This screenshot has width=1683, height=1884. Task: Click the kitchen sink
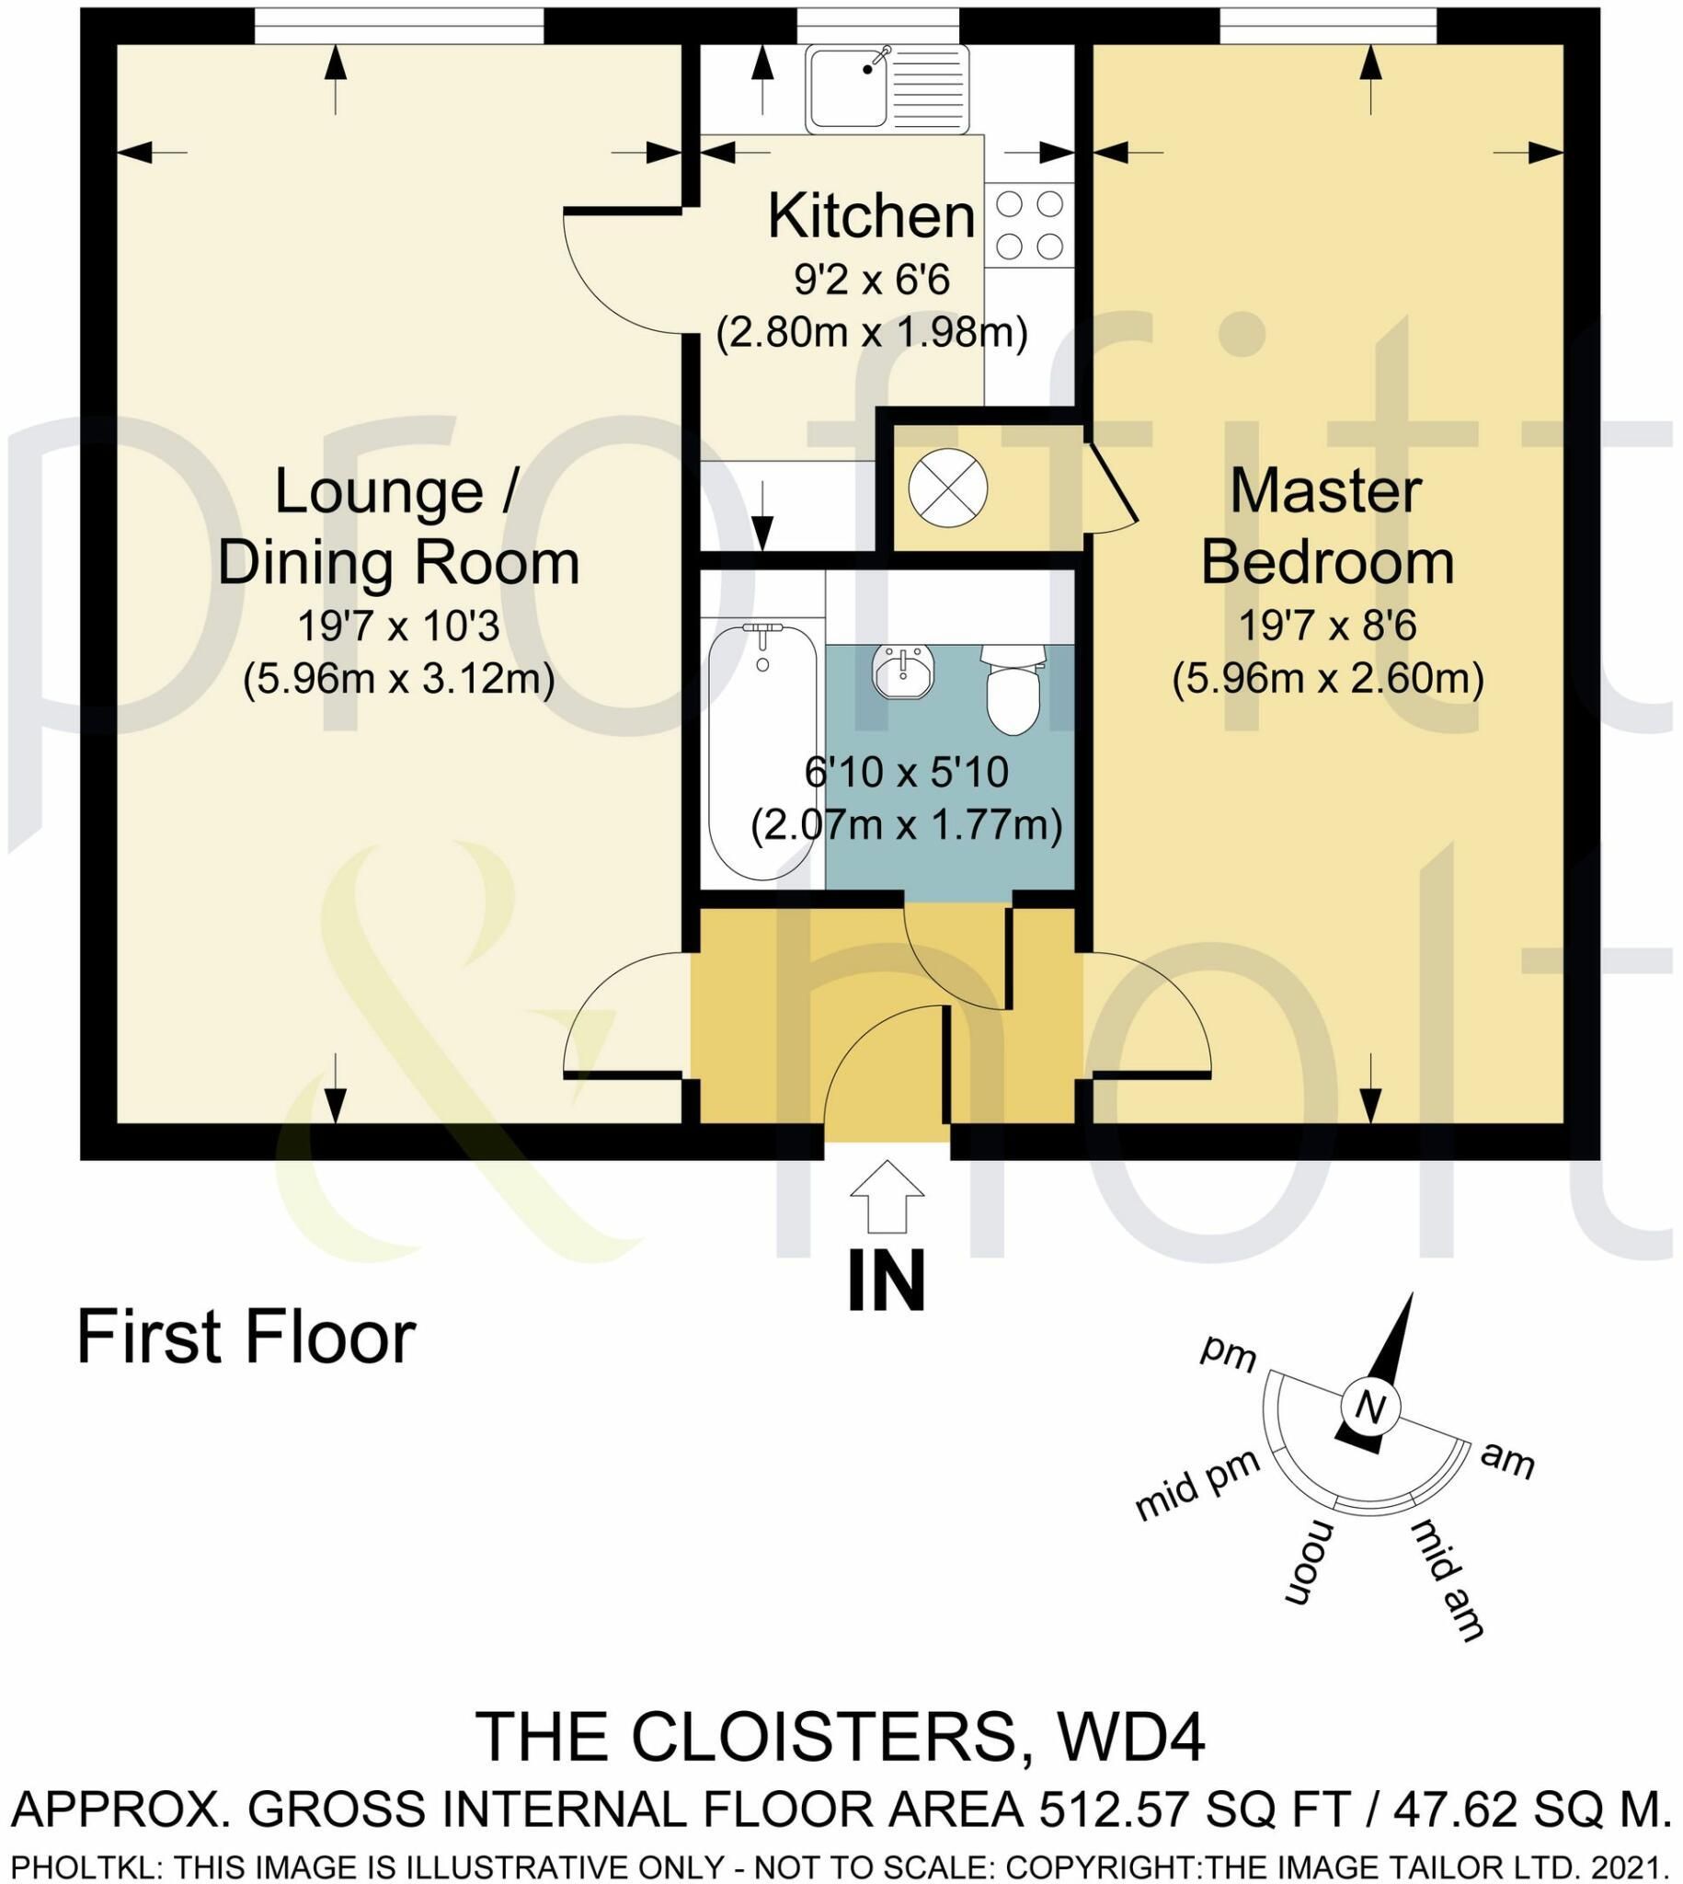coord(887,89)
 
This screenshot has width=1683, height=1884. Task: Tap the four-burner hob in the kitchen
coord(1029,224)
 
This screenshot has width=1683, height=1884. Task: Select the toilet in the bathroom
coord(1013,689)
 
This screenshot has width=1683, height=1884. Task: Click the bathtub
coord(762,753)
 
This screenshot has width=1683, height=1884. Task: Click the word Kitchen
coord(871,215)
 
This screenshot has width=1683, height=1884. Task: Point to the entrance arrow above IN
coord(887,1196)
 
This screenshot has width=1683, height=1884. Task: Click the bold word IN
coord(886,1281)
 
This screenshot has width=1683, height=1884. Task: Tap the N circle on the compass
coord(1370,1407)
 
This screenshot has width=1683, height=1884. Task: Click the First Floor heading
coord(246,1337)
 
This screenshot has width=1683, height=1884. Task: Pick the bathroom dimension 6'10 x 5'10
coord(905,772)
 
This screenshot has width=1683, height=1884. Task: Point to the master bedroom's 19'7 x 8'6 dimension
coord(1328,626)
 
